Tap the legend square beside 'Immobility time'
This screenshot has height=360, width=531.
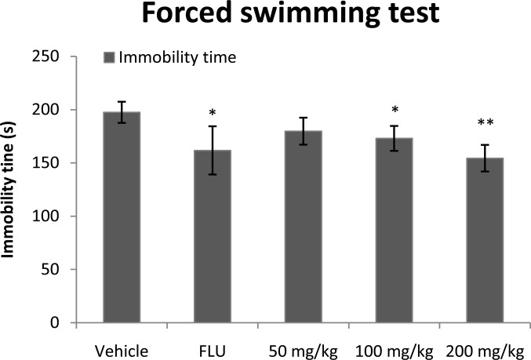click(109, 56)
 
